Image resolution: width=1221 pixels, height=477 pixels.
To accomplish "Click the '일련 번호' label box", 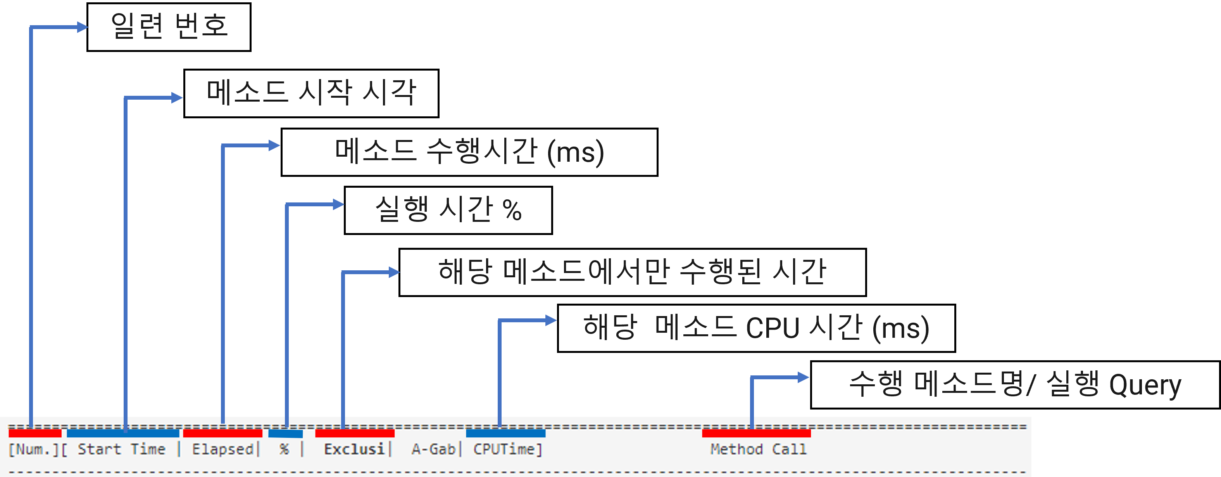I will [x=169, y=27].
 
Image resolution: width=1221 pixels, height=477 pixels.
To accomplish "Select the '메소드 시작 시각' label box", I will [x=311, y=93].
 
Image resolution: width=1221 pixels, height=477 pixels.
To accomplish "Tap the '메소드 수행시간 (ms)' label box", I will [x=469, y=152].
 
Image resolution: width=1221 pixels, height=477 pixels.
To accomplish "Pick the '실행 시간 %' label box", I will [x=448, y=210].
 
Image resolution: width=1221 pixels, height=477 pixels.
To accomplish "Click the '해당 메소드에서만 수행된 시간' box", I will [x=632, y=272].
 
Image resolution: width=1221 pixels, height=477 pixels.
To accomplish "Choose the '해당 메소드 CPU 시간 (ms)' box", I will [x=756, y=328].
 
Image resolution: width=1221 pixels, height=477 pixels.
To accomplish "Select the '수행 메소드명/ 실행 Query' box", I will [x=1015, y=385].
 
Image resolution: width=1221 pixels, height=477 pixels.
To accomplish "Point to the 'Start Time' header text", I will [x=121, y=449].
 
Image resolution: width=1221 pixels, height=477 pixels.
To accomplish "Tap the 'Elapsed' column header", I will [x=223, y=449].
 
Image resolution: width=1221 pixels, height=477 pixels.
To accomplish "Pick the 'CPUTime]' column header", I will [x=507, y=449].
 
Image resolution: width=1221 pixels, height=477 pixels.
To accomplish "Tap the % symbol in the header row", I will [x=284, y=449].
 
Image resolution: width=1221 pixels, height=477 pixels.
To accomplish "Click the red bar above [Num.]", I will [x=35, y=433].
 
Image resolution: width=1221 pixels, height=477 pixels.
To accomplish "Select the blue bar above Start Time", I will [x=123, y=433].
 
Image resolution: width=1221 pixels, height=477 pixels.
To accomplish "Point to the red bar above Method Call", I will [x=756, y=433].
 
